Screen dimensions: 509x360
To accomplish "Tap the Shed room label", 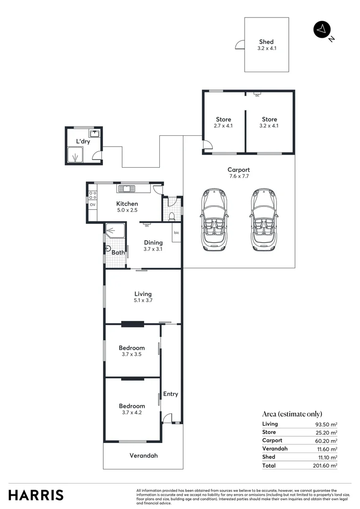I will (x=266, y=42).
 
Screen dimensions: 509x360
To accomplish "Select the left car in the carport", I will (x=214, y=220).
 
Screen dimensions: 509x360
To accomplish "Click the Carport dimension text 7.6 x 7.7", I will (x=238, y=176).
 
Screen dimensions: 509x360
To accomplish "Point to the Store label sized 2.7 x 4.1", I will (x=224, y=120).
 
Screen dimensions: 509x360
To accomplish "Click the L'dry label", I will (x=83, y=141).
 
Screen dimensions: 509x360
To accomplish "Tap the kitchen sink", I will (x=126, y=189).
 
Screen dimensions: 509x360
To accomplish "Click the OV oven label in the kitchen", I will (x=92, y=205).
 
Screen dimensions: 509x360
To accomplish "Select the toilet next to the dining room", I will (x=172, y=216).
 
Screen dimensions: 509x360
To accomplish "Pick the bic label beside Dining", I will (x=177, y=233).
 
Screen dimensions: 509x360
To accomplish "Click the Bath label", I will (x=118, y=253).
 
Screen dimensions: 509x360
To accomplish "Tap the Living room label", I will (x=143, y=294).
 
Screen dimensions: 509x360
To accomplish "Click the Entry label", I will (x=171, y=394).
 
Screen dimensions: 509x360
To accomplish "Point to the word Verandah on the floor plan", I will (x=144, y=456).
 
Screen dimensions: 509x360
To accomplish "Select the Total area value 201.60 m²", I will (x=326, y=466).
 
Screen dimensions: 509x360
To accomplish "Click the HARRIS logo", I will (x=36, y=495).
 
